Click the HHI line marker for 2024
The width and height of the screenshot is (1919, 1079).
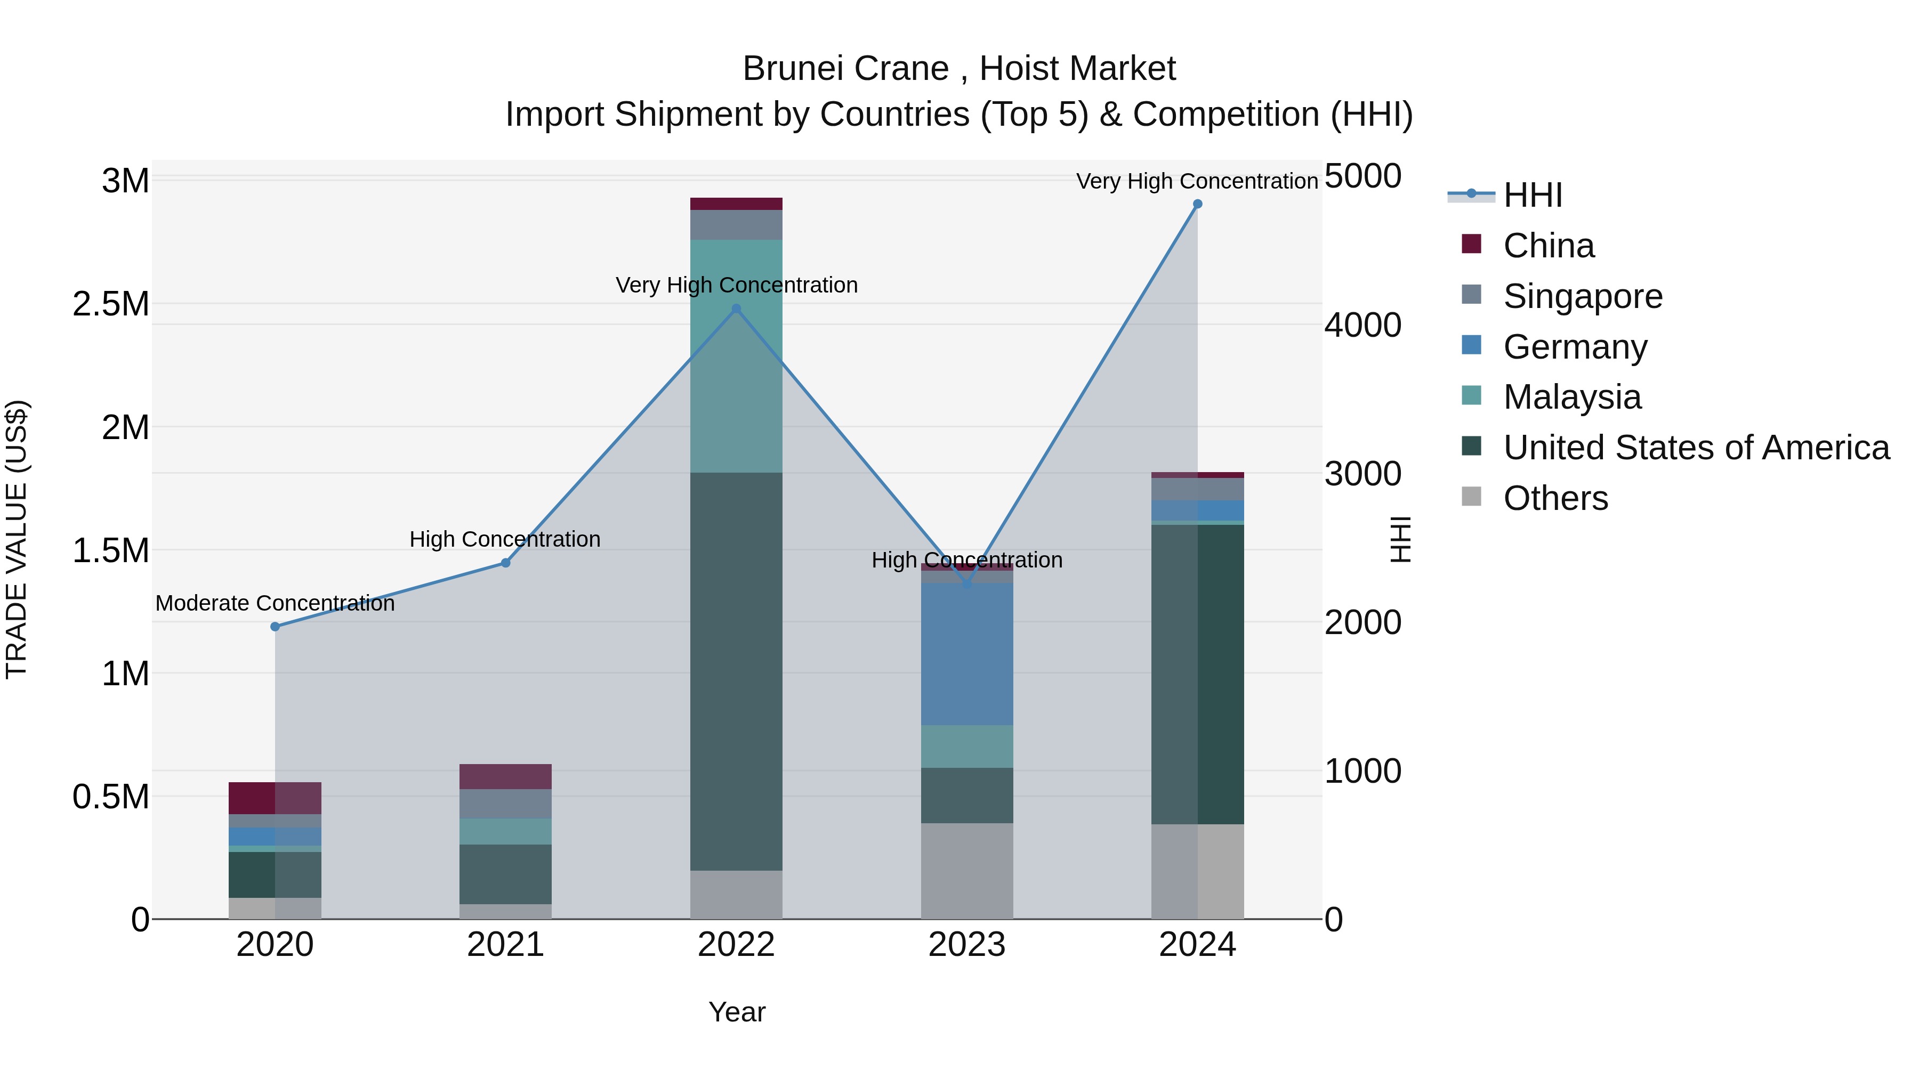click(x=1197, y=204)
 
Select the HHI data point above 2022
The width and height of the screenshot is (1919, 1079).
click(x=736, y=309)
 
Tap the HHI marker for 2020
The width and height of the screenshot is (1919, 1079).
click(x=275, y=626)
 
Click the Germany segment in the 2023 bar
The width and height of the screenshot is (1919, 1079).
click(x=967, y=654)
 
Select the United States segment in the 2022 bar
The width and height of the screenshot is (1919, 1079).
click(x=736, y=670)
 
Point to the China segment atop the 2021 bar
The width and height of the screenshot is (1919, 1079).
click(x=505, y=776)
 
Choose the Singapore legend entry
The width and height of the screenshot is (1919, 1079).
click(x=1582, y=296)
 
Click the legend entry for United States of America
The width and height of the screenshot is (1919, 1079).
click(x=1696, y=448)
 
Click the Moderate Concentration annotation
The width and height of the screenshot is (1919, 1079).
click(x=275, y=603)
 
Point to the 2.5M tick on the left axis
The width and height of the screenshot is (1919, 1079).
click(x=110, y=304)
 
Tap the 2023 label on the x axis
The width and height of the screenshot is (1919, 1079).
click(x=967, y=945)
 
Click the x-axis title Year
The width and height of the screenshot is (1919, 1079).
click(x=737, y=1012)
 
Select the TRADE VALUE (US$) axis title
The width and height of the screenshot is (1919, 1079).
click(x=17, y=539)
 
